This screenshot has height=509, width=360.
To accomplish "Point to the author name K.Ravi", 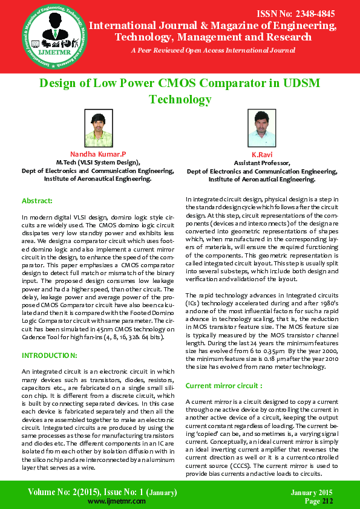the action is point(263,155).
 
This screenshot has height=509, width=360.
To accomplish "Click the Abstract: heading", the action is point(37,200).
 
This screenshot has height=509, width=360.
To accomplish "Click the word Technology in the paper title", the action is point(180,99).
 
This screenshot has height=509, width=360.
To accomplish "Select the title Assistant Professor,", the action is point(262,163).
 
